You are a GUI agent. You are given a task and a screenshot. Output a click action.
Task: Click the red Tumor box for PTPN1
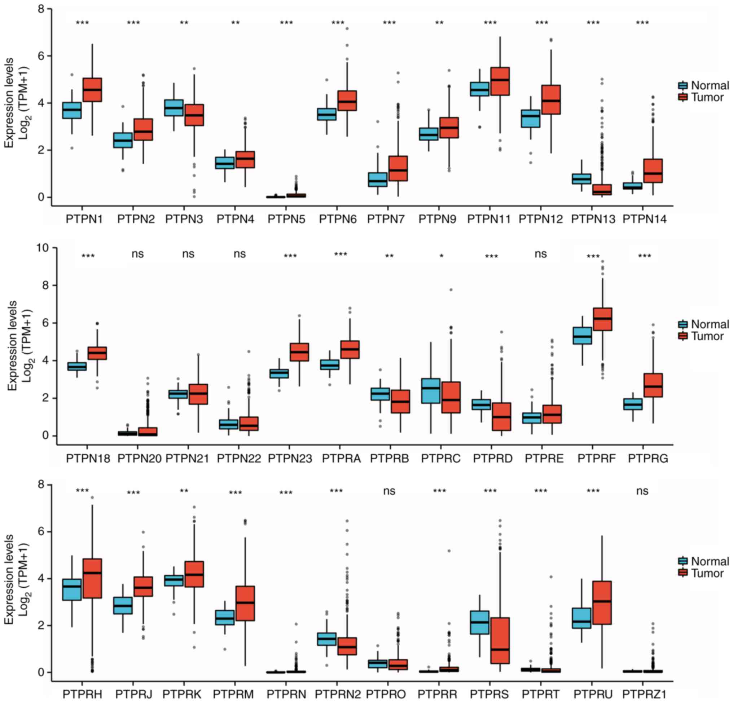(92, 90)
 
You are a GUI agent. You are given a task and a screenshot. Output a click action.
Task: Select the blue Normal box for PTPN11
(480, 89)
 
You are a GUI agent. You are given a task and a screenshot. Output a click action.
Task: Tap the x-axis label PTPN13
(593, 220)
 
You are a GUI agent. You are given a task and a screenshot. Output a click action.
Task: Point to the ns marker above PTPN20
(138, 254)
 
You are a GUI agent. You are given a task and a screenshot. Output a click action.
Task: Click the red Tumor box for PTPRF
(602, 319)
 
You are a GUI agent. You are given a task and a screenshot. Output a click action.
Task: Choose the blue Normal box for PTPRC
(431, 390)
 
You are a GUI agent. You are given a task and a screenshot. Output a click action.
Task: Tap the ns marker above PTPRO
(389, 491)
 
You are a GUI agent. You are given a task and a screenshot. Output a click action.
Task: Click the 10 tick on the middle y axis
(45, 248)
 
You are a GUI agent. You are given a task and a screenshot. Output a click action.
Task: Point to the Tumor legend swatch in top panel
(683, 98)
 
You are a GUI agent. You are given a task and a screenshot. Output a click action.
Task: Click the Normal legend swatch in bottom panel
(683, 561)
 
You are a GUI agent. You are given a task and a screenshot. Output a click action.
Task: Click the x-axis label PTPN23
(290, 459)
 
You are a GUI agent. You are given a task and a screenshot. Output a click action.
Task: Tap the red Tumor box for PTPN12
(551, 100)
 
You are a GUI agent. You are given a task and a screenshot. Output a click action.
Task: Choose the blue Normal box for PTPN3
(174, 108)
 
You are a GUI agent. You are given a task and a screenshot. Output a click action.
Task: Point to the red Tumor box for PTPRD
(501, 416)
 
